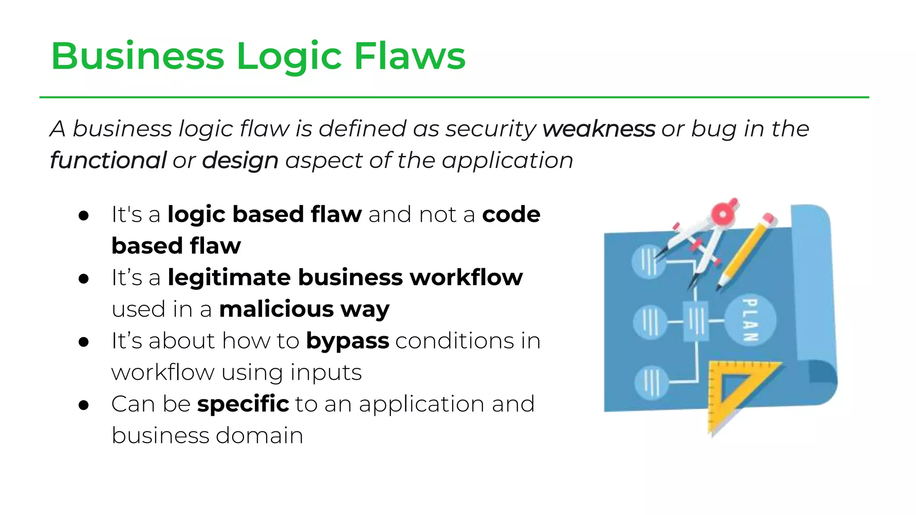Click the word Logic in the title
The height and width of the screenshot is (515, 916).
pos(289,57)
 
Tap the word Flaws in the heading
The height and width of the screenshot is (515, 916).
pos(410,56)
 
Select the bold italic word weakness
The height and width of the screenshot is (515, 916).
pos(598,129)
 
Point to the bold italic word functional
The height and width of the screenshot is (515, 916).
pos(108,160)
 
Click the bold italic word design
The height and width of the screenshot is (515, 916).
pos(240,161)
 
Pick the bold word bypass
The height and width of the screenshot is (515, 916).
pos(347,342)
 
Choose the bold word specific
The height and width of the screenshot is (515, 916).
pos(243,404)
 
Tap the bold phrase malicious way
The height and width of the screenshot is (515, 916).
pos(304,309)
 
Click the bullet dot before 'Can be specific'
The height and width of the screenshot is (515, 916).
pos(84,405)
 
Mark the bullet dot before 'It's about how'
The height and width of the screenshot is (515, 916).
pos(84,342)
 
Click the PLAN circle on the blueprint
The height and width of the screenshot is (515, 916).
pos(750,320)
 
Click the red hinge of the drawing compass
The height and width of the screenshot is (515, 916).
pos(723,214)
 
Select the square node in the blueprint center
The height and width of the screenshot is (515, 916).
pos(695,321)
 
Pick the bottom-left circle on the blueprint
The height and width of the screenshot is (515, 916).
pos(651,382)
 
